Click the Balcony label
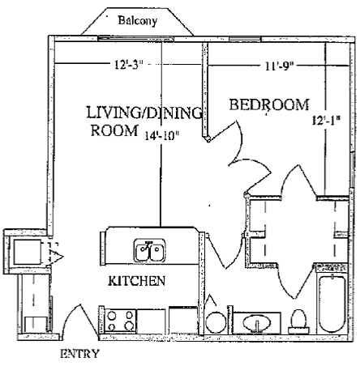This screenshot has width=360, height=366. tap(138, 21)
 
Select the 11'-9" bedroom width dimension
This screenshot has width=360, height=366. tap(279, 66)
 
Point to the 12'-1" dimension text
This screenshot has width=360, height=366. tap(325, 120)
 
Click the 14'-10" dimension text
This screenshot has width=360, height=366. tap(162, 136)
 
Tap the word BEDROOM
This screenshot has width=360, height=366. tap(269, 105)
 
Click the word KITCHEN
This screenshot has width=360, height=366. tap(137, 281)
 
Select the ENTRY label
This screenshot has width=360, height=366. tap(79, 354)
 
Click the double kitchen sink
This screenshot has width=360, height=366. tap(150, 250)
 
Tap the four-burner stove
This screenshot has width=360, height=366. tap(120, 321)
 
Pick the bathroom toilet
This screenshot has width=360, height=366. tap(298, 321)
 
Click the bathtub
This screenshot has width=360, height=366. tap(332, 304)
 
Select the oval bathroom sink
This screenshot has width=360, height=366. tap(256, 323)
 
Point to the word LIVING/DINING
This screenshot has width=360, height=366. tap(144, 113)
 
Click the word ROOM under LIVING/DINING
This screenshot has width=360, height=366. tap(114, 130)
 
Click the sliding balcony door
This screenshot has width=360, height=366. tap(135, 39)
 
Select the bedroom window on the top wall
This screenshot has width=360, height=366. tap(246, 39)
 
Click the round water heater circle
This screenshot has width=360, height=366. tap(216, 322)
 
